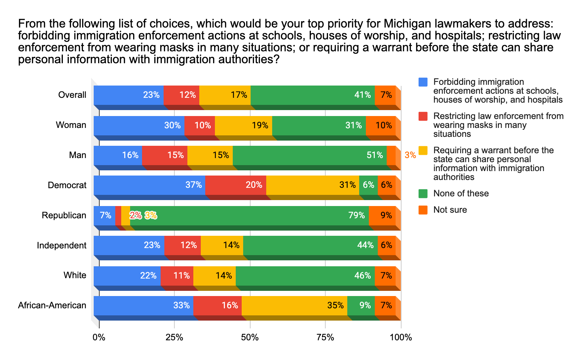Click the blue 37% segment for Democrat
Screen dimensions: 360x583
(x=149, y=185)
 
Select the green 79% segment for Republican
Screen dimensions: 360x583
(x=249, y=216)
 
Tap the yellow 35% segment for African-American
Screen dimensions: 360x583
(x=294, y=306)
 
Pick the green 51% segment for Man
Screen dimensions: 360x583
(x=309, y=155)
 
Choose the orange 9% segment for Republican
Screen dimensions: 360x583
(x=382, y=216)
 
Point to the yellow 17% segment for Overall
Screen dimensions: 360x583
(x=225, y=95)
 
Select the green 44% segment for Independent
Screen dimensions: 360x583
(x=310, y=245)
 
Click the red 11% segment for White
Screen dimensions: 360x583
(x=177, y=276)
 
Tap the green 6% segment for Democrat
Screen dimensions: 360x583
(x=368, y=185)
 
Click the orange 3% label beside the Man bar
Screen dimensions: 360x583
(x=410, y=155)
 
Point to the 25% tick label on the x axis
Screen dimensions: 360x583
(x=174, y=338)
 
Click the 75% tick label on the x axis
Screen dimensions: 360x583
(x=325, y=338)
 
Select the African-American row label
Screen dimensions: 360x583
(x=52, y=306)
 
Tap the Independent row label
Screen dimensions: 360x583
(x=62, y=245)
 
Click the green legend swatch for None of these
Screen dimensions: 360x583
(x=423, y=193)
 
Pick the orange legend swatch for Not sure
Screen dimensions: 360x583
(x=423, y=210)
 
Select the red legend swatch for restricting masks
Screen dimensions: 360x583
(x=423, y=116)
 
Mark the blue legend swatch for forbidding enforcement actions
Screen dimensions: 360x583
(x=423, y=82)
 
